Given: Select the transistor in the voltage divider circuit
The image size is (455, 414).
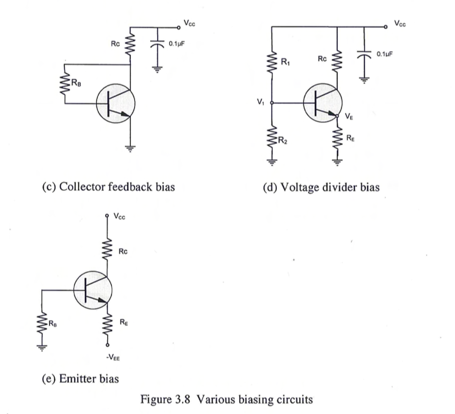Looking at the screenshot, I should [x=323, y=103].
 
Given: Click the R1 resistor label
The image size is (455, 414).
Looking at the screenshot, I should [x=285, y=63].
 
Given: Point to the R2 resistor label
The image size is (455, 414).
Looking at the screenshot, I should [x=283, y=142].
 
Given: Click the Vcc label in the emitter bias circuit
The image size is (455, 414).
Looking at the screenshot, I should [x=119, y=217].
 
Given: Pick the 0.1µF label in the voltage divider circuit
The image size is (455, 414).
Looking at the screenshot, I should [x=385, y=54].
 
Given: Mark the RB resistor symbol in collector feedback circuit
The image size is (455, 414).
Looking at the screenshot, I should [x=65, y=84].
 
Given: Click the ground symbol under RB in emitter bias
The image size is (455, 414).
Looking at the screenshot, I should [x=43, y=348].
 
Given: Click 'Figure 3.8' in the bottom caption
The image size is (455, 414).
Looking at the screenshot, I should [x=165, y=399].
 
